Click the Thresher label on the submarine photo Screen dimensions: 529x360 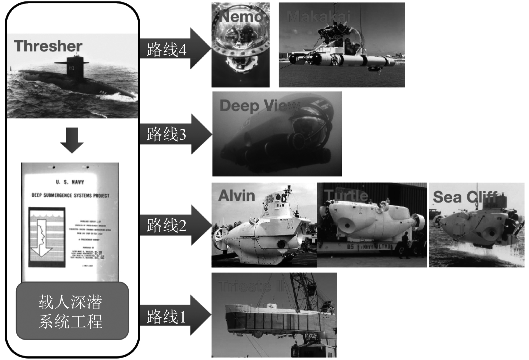[x=48, y=46]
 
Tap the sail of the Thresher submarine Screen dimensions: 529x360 [x=75, y=66]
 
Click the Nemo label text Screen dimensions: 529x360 [x=241, y=17]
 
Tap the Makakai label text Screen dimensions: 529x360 [x=318, y=17]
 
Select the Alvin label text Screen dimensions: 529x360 [x=237, y=196]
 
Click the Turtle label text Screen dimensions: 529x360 [x=346, y=196]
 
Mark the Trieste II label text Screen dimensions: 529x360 [x=251, y=286]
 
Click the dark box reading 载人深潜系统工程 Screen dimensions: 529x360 [x=72, y=311]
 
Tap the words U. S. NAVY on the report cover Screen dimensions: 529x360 [x=70, y=182]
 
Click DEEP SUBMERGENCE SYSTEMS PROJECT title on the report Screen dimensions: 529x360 [x=70, y=195]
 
